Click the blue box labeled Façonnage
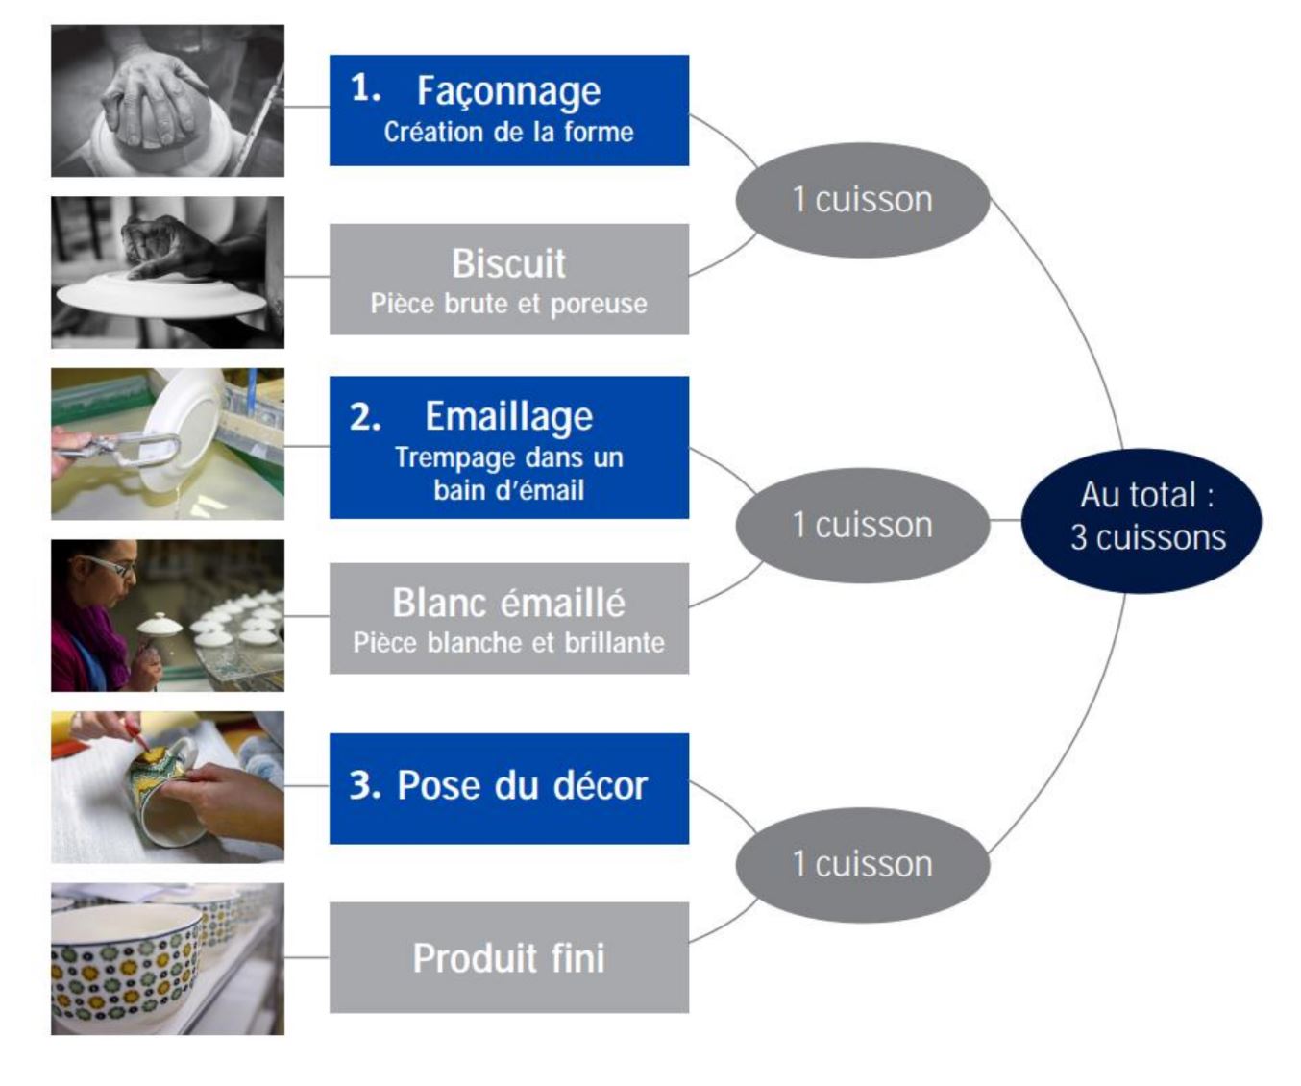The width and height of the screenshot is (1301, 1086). pyautogui.click(x=508, y=110)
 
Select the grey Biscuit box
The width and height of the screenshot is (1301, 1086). pyautogui.click(x=508, y=279)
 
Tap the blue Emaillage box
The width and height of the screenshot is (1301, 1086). pyautogui.click(x=508, y=447)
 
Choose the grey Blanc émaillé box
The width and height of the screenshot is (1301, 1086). pyautogui.click(x=508, y=618)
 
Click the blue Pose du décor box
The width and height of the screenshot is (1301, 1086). pyautogui.click(x=508, y=788)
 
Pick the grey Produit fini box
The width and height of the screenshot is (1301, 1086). pyautogui.click(x=508, y=957)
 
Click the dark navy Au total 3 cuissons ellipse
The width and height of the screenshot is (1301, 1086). pyautogui.click(x=1141, y=520)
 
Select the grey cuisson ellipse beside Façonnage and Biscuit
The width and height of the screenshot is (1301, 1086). pyautogui.click(x=862, y=200)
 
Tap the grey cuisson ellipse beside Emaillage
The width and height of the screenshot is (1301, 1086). pyautogui.click(x=862, y=525)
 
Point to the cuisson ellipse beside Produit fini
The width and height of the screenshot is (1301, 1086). pyautogui.click(x=862, y=864)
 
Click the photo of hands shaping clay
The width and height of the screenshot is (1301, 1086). pyautogui.click(x=167, y=101)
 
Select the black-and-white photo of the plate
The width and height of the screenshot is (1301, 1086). pyautogui.click(x=167, y=272)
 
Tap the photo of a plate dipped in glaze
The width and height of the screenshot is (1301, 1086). pyautogui.click(x=167, y=444)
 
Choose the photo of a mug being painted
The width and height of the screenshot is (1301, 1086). pyautogui.click(x=167, y=787)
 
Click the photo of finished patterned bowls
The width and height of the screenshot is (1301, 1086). pyautogui.click(x=167, y=958)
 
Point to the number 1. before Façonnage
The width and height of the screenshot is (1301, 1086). pyautogui.click(x=365, y=88)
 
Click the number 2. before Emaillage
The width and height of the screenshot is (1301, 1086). pyautogui.click(x=365, y=416)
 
